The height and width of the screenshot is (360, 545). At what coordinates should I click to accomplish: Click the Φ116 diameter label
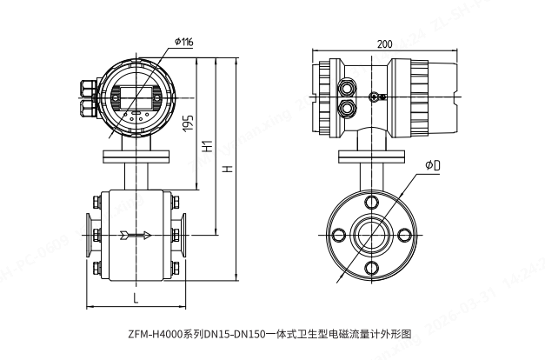(x=183, y=41)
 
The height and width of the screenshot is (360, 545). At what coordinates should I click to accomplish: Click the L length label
(x=136, y=298)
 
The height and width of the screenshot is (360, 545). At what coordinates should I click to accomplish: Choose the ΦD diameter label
(x=432, y=164)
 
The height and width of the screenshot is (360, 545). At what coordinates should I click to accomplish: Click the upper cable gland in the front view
(x=88, y=87)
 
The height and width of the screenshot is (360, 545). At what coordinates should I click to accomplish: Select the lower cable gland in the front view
(x=88, y=107)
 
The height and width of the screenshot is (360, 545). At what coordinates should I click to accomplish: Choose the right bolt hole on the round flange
(x=404, y=234)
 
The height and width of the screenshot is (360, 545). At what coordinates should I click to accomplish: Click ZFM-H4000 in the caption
(x=155, y=333)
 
